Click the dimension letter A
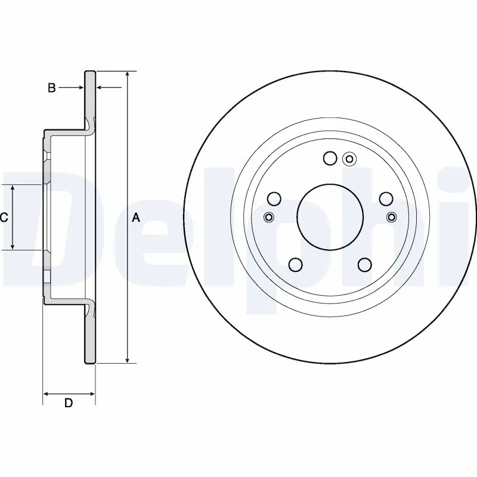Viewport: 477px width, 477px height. (x=136, y=218)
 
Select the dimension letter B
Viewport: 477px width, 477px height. (x=52, y=88)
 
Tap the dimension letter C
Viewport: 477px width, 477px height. (x=4, y=218)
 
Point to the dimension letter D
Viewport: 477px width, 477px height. (x=69, y=404)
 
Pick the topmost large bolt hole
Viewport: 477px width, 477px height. (x=330, y=158)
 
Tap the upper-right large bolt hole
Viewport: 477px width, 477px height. (x=386, y=199)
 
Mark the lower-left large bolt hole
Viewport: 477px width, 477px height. (x=295, y=265)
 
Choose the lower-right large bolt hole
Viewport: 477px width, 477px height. (x=364, y=265)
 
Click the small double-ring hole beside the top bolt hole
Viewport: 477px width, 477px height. (x=349, y=159)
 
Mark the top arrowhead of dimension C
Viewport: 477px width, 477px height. (x=14, y=189)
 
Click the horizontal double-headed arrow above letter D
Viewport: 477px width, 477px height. (x=69, y=394)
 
